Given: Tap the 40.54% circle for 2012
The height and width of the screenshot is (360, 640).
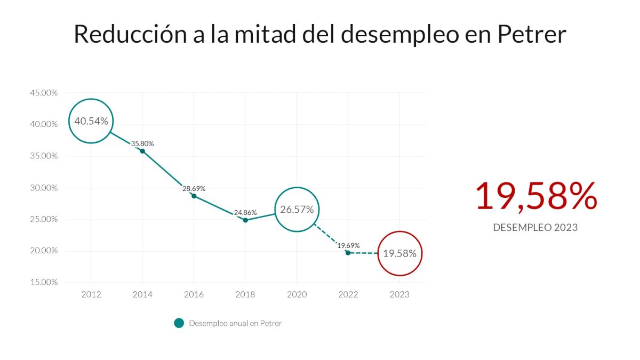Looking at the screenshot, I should [x=91, y=121].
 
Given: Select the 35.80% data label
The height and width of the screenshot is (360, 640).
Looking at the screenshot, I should [x=142, y=143].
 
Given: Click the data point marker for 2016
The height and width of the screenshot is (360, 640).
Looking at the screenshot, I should [x=194, y=196].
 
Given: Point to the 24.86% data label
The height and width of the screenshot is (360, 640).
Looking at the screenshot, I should [x=245, y=212].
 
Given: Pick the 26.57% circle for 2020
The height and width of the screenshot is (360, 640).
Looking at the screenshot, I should [x=297, y=210].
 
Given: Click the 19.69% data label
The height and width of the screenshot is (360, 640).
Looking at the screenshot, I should [x=348, y=245].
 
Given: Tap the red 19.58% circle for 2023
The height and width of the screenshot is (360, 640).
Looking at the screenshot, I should [x=399, y=253].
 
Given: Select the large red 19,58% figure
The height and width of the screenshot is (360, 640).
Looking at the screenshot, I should [x=535, y=196].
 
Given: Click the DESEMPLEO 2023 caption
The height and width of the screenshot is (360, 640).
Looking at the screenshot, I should [x=535, y=228].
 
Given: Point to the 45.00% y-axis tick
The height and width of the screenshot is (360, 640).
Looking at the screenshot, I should [x=43, y=93].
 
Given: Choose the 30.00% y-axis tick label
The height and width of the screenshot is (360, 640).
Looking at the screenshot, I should [x=43, y=188].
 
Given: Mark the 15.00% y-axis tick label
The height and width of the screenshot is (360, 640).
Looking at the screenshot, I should [x=43, y=282].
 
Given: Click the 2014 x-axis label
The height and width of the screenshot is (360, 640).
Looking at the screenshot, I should [x=142, y=294].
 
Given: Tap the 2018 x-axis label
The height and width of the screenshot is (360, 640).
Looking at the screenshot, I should [x=245, y=294].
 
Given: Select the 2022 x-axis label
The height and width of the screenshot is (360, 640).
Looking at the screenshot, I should [x=348, y=294].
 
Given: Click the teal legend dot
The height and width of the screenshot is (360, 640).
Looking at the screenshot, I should [x=179, y=323].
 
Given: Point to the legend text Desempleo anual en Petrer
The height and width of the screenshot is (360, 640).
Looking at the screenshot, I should [x=235, y=323].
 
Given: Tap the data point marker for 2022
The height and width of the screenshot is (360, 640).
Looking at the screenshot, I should [x=348, y=252].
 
